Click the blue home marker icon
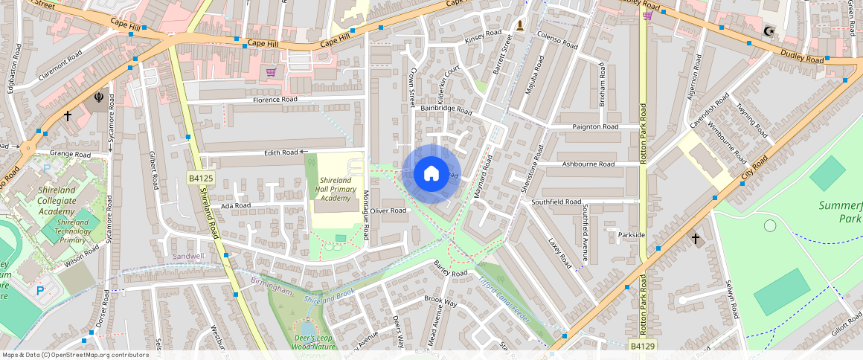(431, 174)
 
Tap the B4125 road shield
(201, 179)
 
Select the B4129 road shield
(644, 346)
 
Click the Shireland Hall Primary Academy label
(335, 189)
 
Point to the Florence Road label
(275, 100)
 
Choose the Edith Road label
(280, 152)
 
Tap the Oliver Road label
(388, 210)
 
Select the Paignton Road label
(595, 127)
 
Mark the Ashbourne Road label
(588, 164)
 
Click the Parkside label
(631, 235)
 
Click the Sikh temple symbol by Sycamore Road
(98, 96)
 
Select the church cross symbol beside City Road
(696, 239)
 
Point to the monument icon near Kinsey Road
(519, 26)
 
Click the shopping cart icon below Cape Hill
(271, 72)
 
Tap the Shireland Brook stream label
(328, 294)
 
